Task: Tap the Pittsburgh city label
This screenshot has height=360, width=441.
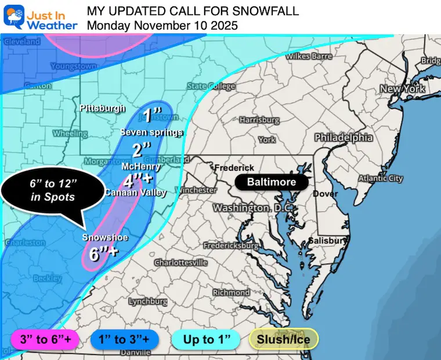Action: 102,109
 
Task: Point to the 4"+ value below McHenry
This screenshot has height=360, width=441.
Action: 138,181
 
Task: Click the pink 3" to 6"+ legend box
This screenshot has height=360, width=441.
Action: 45,339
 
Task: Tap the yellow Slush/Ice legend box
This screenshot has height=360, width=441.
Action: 284,339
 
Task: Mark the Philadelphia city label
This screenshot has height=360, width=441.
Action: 344,138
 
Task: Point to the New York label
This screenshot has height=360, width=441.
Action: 402,89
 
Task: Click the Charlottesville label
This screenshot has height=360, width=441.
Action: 181,262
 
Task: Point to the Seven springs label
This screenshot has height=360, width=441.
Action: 151,132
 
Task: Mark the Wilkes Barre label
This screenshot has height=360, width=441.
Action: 309,56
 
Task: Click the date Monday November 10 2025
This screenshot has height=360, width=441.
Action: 162,26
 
